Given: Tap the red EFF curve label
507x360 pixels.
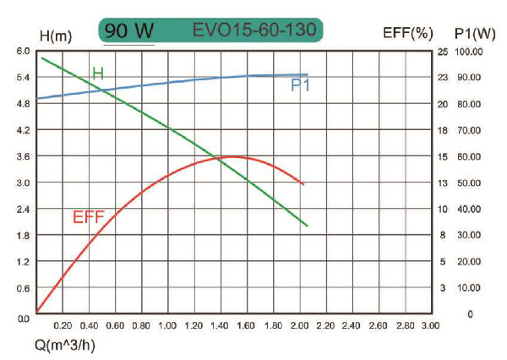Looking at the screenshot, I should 89,217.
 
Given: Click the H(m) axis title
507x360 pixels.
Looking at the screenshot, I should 57,35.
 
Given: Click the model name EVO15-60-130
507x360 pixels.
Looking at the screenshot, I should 254,31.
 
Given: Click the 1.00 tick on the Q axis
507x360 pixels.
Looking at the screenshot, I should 167,325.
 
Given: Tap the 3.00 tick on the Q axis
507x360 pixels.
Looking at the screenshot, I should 430,325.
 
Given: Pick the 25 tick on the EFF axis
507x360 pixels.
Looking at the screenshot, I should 442,52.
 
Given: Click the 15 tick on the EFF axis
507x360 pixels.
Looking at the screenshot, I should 442,156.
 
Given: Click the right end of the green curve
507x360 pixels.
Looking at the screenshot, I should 308,226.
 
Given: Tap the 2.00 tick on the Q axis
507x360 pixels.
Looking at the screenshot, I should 299,325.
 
